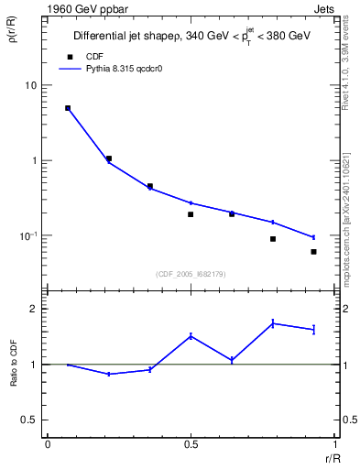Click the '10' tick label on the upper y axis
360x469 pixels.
point(30,85)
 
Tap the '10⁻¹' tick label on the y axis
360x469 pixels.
point(27,235)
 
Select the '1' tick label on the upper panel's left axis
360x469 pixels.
point(33,160)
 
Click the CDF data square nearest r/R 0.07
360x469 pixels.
point(68,108)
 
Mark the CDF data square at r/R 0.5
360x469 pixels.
point(191,214)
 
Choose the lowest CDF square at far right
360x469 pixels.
point(313,252)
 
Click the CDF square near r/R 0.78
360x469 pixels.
point(273,239)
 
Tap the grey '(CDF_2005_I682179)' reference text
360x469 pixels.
point(191,273)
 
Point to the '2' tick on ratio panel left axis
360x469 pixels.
point(33,309)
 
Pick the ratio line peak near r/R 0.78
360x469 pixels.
point(273,322)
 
